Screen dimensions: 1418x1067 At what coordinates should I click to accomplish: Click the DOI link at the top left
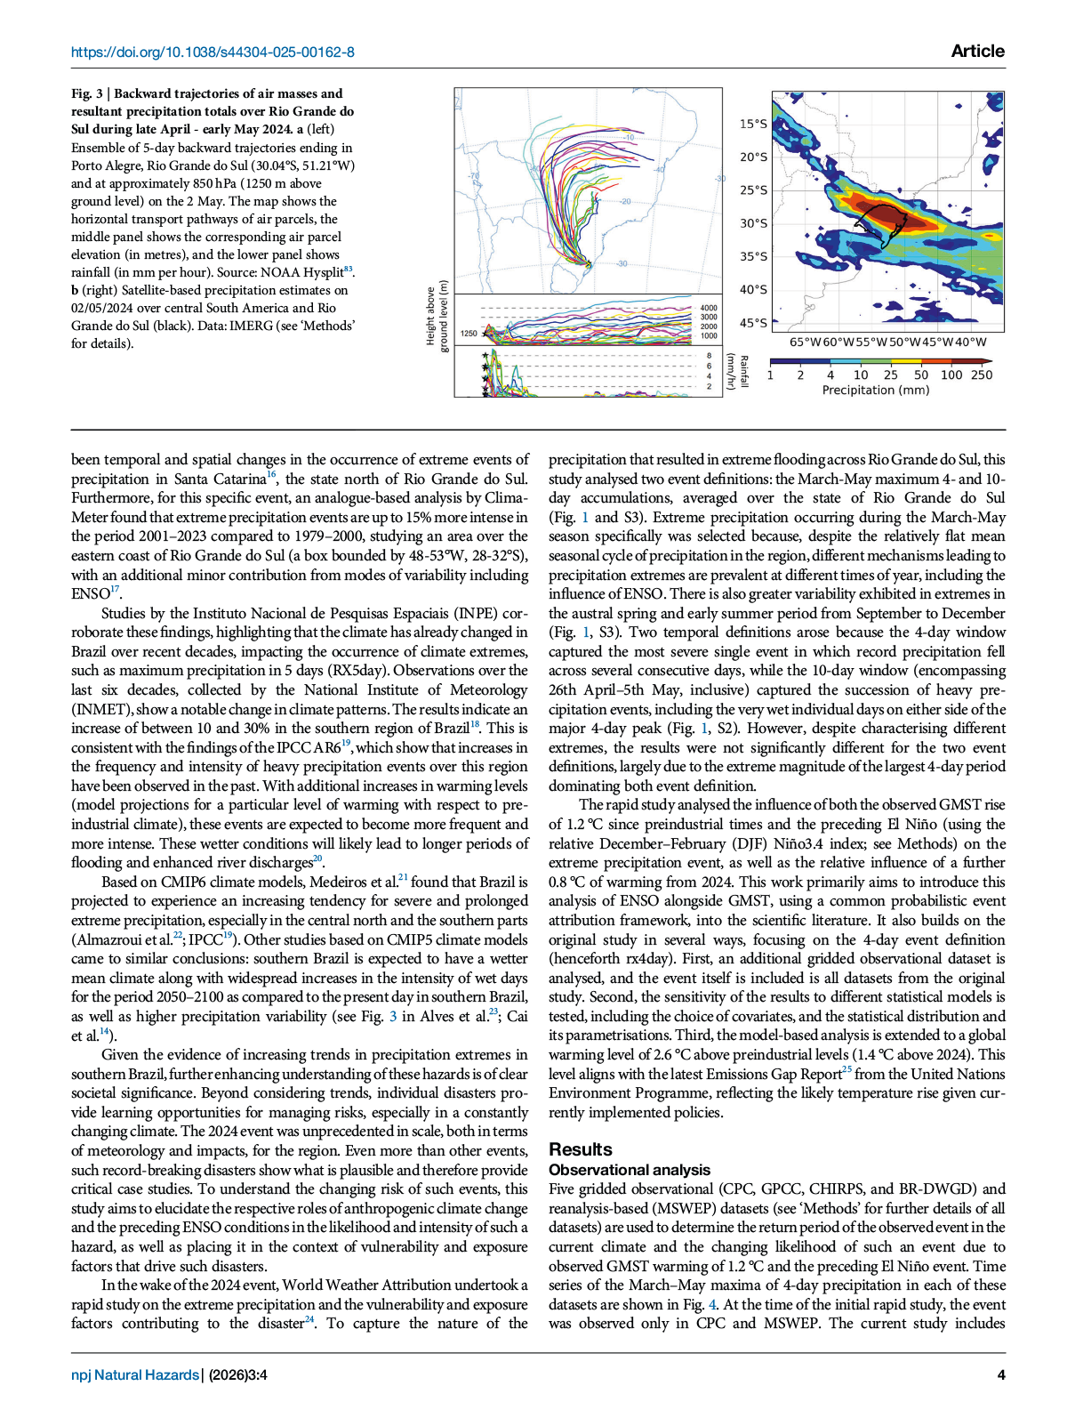[x=213, y=52]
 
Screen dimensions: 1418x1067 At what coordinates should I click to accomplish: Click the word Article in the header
[x=977, y=51]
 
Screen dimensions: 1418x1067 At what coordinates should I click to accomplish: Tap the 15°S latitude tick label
[x=753, y=124]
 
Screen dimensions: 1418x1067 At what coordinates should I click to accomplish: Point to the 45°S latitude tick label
[x=753, y=323]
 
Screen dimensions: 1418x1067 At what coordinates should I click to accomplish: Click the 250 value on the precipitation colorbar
[x=982, y=375]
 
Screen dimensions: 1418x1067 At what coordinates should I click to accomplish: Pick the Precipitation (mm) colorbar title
[x=876, y=390]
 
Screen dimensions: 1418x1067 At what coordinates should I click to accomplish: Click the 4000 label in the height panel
[x=708, y=308]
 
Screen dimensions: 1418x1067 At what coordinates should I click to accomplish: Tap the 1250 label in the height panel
[x=469, y=334]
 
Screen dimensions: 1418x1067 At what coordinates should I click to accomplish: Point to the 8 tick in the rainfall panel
[x=709, y=356]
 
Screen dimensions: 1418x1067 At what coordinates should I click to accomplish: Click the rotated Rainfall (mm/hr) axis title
[x=736, y=371]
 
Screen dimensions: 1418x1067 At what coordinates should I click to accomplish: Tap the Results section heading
[x=580, y=1148]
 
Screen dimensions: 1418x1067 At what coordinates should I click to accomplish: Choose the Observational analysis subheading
[x=630, y=1170]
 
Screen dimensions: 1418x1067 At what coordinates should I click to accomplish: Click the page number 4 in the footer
[x=1001, y=1374]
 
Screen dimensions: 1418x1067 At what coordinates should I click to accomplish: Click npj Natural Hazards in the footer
[x=135, y=1374]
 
